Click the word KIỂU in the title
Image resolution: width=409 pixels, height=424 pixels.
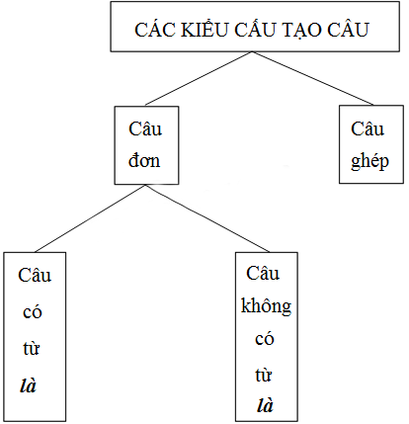click(x=204, y=29)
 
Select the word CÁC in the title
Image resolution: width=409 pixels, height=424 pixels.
click(x=154, y=29)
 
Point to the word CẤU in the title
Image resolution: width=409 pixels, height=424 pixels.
click(x=255, y=29)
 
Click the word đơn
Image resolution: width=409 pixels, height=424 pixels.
click(x=144, y=160)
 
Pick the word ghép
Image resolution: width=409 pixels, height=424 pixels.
click(x=369, y=162)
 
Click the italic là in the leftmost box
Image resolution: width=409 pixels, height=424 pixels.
click(x=28, y=385)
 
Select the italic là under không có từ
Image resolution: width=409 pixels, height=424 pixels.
click(x=265, y=404)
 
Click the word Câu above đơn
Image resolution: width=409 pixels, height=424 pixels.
click(x=145, y=128)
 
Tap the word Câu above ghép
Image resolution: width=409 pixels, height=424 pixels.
click(x=368, y=128)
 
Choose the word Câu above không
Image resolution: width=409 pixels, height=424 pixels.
click(x=263, y=273)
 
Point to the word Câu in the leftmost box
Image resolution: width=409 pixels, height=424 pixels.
click(x=35, y=275)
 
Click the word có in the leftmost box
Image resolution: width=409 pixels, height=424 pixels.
click(x=33, y=312)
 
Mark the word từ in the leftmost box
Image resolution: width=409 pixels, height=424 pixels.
click(x=32, y=348)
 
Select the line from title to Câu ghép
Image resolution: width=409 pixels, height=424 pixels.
click(x=313, y=78)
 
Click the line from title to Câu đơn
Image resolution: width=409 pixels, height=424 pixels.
click(x=199, y=78)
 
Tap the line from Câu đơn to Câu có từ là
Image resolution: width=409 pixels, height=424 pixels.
click(x=90, y=218)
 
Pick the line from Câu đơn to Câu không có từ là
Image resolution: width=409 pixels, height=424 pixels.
click(x=207, y=218)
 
